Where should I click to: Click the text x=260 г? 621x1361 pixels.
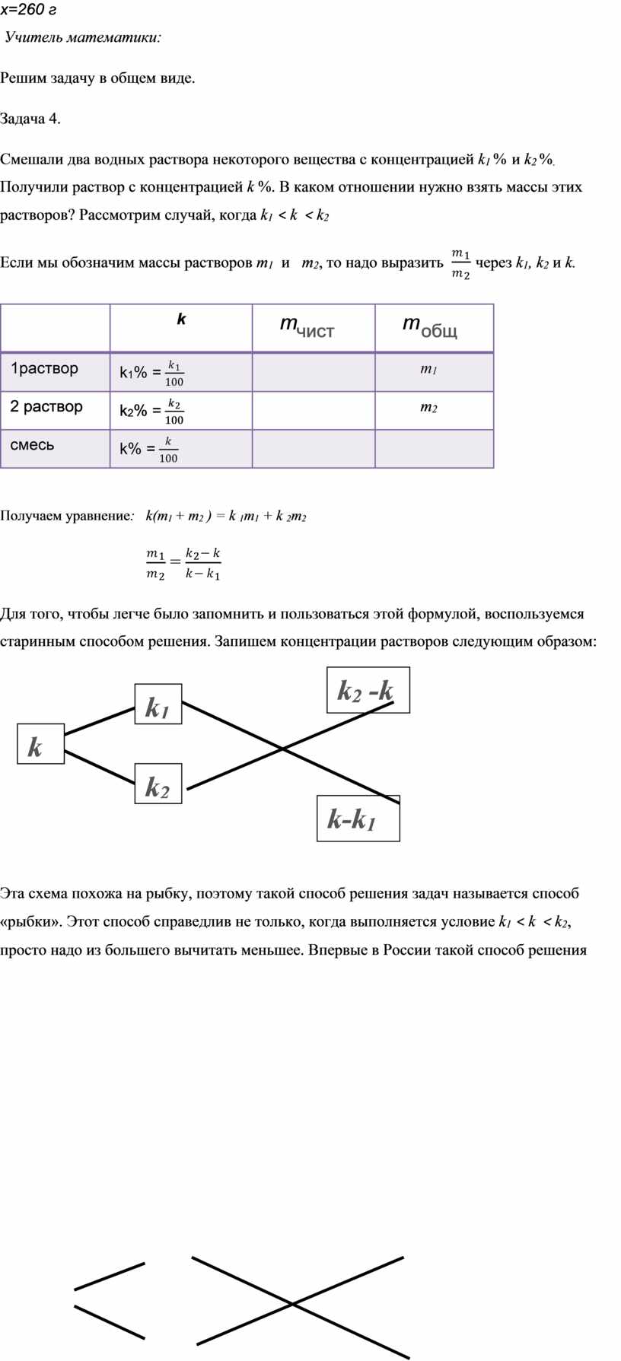click(28, 10)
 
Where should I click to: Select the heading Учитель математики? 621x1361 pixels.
click(83, 37)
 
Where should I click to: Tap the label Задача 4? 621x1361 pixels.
click(30, 119)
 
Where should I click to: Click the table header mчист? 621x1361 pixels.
click(307, 326)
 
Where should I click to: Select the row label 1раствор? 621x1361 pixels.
click(44, 369)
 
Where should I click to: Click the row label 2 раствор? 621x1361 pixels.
click(46, 407)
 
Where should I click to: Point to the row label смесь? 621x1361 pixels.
click(32, 445)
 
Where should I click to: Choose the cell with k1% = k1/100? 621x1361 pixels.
click(151, 373)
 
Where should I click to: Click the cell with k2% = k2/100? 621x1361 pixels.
click(151, 411)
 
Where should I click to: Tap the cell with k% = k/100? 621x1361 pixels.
click(148, 449)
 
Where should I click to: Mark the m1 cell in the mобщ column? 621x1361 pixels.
click(428, 370)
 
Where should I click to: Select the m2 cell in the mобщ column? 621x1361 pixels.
click(428, 408)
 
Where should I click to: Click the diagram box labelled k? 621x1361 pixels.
click(40, 743)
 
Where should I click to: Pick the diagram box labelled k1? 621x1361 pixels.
click(158, 704)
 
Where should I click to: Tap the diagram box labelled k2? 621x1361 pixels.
click(158, 784)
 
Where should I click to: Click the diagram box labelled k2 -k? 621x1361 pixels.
click(368, 690)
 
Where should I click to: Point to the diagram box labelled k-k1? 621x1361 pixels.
click(358, 818)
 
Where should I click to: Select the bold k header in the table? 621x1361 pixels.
click(181, 320)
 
